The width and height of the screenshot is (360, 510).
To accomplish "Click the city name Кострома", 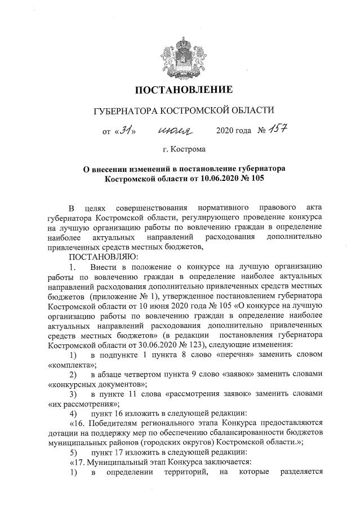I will (189, 150).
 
